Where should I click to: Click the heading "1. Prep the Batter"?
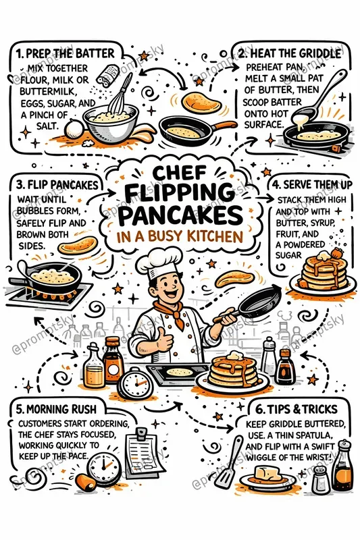65,52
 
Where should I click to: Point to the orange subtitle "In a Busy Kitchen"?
180,237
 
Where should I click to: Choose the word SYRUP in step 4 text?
315,223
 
